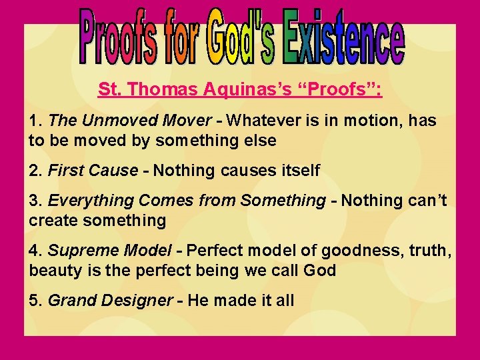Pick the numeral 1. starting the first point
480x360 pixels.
click(36, 121)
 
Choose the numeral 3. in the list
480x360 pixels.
click(36, 201)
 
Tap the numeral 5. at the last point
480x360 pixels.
click(36, 301)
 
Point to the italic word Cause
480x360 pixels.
click(114, 171)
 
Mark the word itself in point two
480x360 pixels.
click(301, 171)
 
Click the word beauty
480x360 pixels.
click(51, 271)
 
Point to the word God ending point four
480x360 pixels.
click(321, 271)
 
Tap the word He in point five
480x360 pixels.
click(198, 301)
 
